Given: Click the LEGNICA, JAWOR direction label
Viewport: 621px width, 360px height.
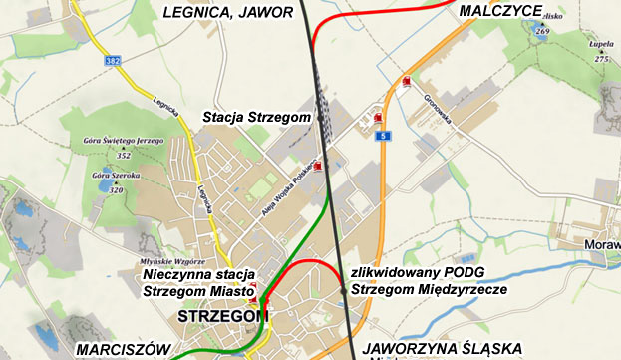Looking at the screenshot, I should (227, 12).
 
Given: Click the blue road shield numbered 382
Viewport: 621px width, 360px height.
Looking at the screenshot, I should (112, 62).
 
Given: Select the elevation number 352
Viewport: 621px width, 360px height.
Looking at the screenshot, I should (124, 156).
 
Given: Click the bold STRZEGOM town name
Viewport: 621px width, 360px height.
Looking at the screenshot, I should (223, 316).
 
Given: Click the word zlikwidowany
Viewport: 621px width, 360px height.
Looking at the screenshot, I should (395, 272).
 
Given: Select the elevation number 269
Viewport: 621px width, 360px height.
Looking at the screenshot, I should (542, 32).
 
